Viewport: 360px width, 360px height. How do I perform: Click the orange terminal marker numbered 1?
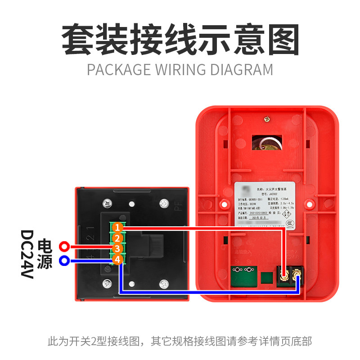tap(117, 227)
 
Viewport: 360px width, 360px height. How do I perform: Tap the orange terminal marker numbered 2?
tap(117, 238)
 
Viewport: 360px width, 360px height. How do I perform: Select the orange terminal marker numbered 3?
tap(117, 248)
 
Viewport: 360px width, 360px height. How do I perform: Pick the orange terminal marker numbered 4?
tap(117, 259)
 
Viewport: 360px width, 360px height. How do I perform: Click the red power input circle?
tap(64, 247)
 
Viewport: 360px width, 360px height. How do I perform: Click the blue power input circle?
tap(64, 260)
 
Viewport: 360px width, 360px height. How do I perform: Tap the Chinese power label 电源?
tap(45, 254)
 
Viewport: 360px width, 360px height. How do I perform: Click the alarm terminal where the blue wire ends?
tap(297, 273)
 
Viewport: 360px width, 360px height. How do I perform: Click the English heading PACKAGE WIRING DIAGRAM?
tap(180, 70)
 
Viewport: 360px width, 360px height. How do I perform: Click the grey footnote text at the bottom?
tap(180, 341)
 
